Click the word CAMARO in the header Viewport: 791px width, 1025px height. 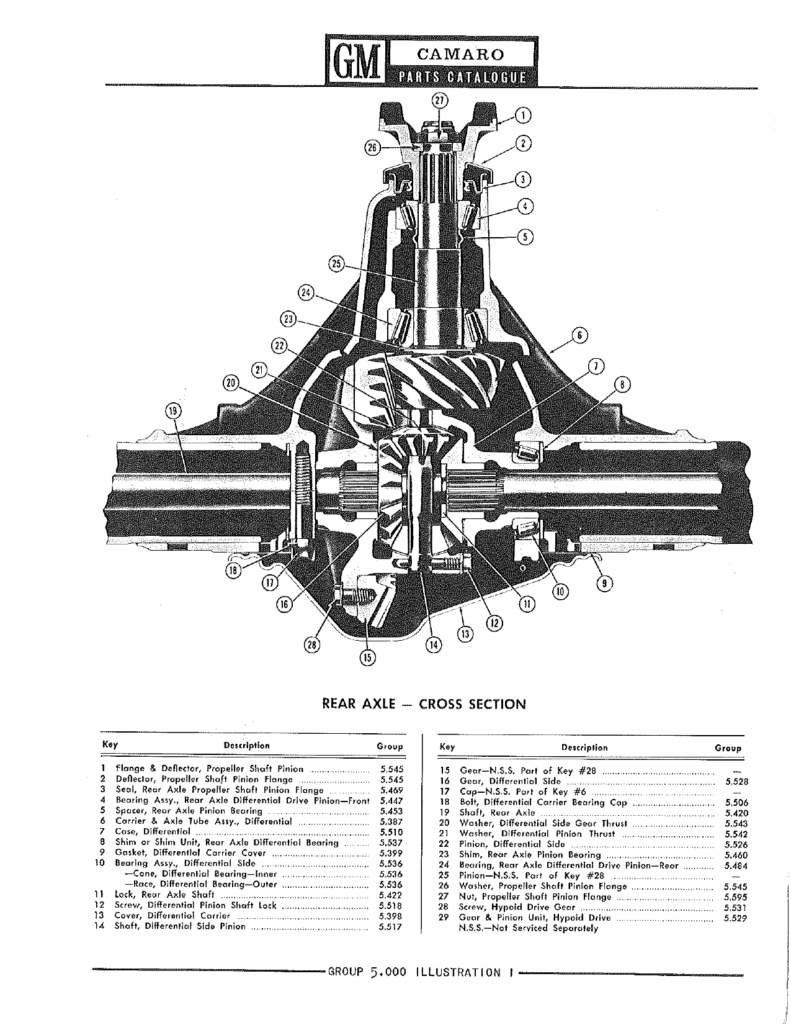(460, 55)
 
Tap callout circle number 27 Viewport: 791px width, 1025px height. (440, 100)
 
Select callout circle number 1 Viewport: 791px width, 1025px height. (523, 115)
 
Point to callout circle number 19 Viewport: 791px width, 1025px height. (173, 412)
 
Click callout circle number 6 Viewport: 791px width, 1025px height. (580, 335)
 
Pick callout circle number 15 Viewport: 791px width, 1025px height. (368, 657)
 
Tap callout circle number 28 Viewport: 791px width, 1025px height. (311, 645)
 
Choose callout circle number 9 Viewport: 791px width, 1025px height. (605, 584)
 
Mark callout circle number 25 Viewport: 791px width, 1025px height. (337, 264)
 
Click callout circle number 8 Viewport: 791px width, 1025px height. (622, 386)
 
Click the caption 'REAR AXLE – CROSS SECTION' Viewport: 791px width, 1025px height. (424, 704)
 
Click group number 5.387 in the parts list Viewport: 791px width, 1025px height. (391, 822)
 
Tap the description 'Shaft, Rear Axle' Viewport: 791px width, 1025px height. (498, 813)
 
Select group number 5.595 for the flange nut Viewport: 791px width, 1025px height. (736, 897)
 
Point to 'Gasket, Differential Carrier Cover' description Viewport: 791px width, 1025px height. (190, 853)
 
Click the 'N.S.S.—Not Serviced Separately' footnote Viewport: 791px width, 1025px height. (529, 928)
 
